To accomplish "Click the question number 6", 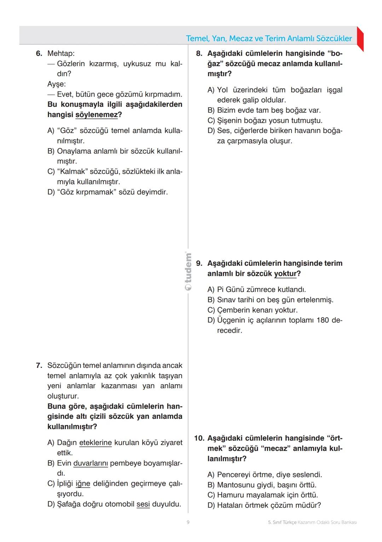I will [39, 54].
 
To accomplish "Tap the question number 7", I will [39, 365].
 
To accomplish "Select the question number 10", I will [199, 438].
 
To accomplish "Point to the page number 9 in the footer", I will [188, 522].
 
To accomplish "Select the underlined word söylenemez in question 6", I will [97, 115].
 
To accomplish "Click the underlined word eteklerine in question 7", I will [95, 443].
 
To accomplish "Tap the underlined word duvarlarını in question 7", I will [91, 463].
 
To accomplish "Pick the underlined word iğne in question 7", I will [83, 484].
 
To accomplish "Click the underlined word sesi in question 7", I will [143, 504].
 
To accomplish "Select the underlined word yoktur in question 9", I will [285, 274].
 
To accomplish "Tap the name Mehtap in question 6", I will [60, 54].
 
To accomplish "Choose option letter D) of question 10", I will [211, 505].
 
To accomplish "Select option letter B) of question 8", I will [211, 110].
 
